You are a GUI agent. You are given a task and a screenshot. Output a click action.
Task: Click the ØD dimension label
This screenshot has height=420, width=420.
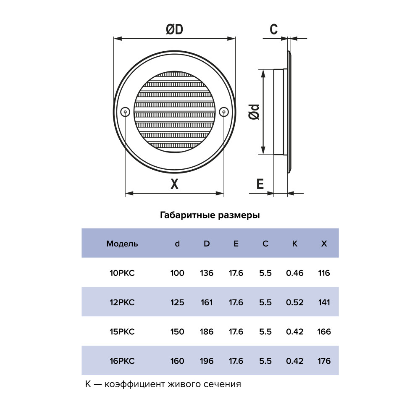click(x=174, y=29)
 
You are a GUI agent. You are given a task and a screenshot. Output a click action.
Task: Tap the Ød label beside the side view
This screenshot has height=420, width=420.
click(x=254, y=112)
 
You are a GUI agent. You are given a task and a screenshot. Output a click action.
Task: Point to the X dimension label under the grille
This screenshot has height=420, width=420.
click(x=174, y=184)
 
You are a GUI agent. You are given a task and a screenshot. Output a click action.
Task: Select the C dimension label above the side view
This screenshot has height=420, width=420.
click(x=273, y=29)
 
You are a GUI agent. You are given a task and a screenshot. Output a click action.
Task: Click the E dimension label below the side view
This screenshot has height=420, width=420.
click(x=260, y=184)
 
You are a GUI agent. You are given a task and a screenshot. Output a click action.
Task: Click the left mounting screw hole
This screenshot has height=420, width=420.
click(x=125, y=112)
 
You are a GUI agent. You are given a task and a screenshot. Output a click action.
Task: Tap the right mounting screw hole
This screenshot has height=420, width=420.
click(x=224, y=112)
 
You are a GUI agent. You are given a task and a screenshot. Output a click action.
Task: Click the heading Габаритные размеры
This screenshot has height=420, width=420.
click(x=210, y=215)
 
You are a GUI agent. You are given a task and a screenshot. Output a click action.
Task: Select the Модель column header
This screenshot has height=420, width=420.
click(x=122, y=244)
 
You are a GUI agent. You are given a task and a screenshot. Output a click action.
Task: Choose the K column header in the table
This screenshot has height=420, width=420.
click(x=295, y=244)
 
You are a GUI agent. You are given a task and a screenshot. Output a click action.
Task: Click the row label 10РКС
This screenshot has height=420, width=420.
click(x=122, y=273)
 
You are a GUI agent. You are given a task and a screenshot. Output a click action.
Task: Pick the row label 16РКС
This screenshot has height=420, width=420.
click(x=122, y=361)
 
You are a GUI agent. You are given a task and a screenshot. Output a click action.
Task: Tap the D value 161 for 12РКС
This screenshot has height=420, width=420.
click(x=207, y=302)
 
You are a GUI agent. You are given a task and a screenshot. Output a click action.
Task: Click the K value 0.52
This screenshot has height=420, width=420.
click(x=295, y=302)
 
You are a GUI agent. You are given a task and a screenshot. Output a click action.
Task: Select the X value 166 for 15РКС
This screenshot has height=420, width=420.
click(x=324, y=332)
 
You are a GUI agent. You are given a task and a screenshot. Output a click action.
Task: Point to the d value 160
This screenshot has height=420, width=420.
click(x=177, y=361)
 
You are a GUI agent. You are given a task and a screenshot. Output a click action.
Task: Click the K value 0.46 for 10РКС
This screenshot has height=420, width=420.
click(x=295, y=273)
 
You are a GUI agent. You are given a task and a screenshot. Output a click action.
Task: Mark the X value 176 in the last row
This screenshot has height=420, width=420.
click(x=324, y=361)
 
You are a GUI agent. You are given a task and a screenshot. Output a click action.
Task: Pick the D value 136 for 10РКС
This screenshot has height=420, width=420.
click(x=207, y=273)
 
